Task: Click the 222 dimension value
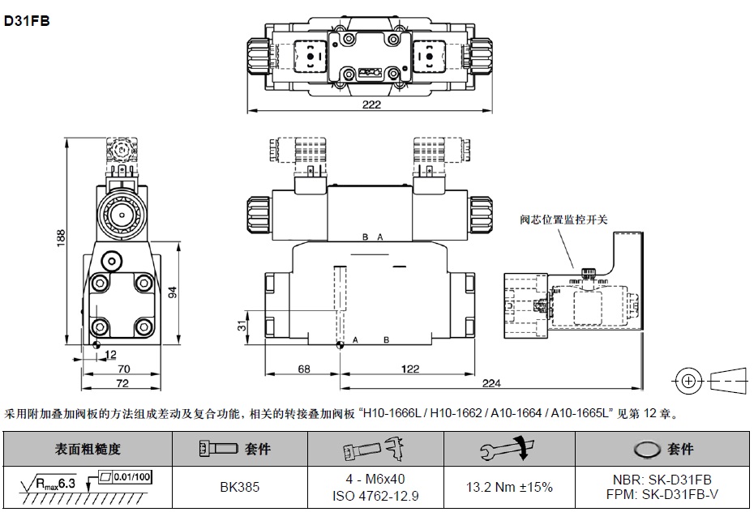(x=372, y=105)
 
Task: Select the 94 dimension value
(x=172, y=292)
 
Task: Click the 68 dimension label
(x=303, y=369)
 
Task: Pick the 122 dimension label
(x=409, y=369)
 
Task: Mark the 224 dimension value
(x=489, y=384)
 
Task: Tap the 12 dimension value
(x=111, y=354)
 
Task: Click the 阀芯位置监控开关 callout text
(x=563, y=220)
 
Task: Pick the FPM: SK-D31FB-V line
(x=663, y=493)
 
